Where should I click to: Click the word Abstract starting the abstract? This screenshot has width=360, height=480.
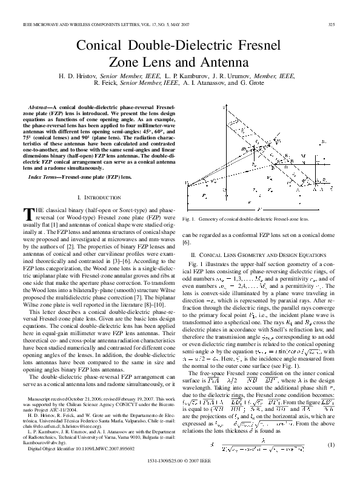tap(44, 107)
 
